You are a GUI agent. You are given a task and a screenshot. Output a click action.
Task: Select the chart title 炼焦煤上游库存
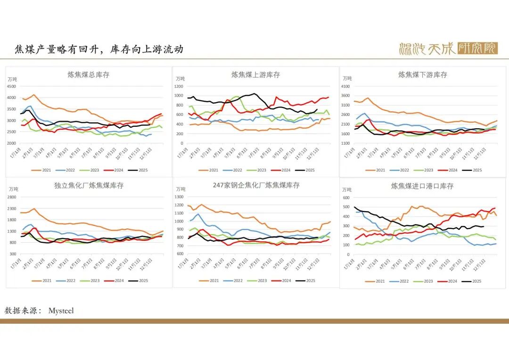pyautogui.click(x=255, y=75)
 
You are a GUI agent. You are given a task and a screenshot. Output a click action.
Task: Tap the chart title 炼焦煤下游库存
pyautogui.click(x=423, y=75)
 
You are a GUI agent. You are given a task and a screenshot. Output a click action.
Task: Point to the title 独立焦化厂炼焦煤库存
pyautogui.click(x=89, y=186)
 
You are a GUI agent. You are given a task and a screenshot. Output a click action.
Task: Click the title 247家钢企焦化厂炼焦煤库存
pyautogui.click(x=256, y=185)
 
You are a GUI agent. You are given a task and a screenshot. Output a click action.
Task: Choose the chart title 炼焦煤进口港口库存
pyautogui.click(x=422, y=186)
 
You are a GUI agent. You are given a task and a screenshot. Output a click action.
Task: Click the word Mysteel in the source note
pyautogui.click(x=61, y=311)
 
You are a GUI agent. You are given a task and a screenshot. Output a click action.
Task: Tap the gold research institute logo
pyautogui.click(x=448, y=48)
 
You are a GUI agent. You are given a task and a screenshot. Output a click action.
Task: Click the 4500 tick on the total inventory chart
pyautogui.click(x=12, y=86)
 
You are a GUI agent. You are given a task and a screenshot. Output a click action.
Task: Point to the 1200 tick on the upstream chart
pyautogui.click(x=178, y=86)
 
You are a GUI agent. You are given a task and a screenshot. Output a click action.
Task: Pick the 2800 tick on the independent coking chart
pyautogui.click(x=12, y=197)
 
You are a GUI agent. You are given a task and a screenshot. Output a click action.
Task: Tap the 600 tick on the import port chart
pyautogui.click(x=346, y=198)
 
